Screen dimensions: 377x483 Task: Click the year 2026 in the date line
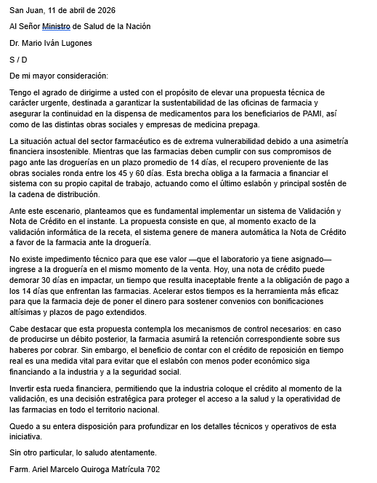click(x=105, y=11)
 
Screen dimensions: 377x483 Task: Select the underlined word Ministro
click(x=57, y=27)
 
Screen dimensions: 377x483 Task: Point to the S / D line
click(x=19, y=60)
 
